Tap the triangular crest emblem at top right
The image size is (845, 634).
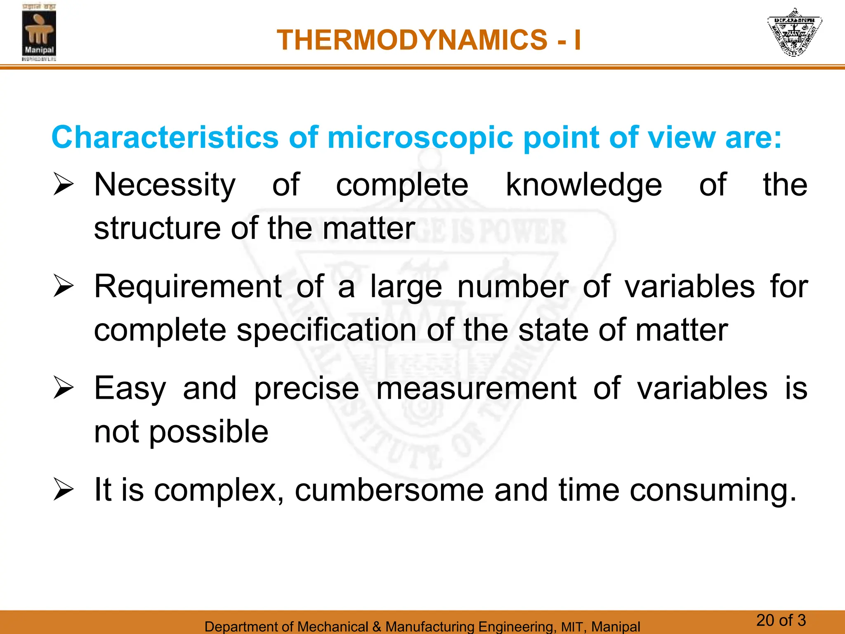[x=794, y=32]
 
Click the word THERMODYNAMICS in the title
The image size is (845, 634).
[x=412, y=40]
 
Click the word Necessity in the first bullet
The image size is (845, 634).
[x=165, y=185]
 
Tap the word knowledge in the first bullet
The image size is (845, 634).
[x=584, y=185]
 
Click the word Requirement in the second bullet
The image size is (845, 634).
[x=188, y=287]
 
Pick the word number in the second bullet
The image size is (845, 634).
[x=513, y=287]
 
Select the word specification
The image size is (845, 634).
[x=326, y=331]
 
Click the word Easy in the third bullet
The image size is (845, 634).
[x=130, y=389]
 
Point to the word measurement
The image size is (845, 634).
[x=476, y=389]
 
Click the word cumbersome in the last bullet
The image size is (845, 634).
[x=389, y=490]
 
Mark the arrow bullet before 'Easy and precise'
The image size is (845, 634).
[x=63, y=388]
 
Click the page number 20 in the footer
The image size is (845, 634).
[x=765, y=620]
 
